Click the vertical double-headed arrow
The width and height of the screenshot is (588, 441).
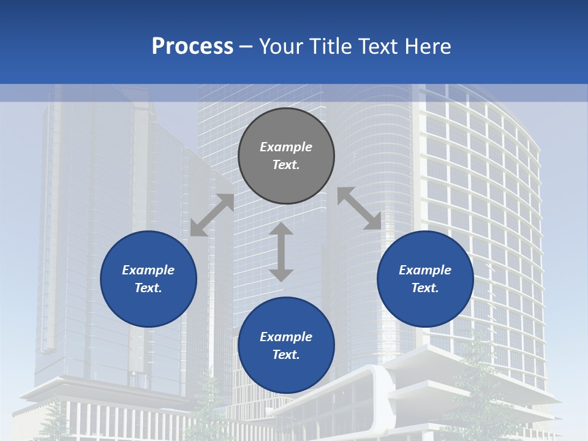click(x=281, y=252)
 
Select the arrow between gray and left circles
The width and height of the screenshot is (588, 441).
click(x=212, y=215)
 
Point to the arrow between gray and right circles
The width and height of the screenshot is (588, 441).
click(x=359, y=208)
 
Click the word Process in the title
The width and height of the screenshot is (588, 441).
click(x=192, y=46)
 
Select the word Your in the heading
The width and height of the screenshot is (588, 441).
click(x=281, y=46)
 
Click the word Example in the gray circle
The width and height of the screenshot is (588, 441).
click(x=286, y=147)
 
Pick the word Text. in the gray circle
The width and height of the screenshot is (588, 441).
click(x=286, y=165)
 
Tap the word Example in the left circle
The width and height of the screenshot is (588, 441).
click(x=148, y=270)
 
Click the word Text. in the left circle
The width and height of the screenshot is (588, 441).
click(x=148, y=288)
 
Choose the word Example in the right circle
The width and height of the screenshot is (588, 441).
click(x=425, y=270)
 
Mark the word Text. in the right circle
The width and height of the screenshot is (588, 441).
click(x=425, y=288)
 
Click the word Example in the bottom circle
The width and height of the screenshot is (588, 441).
click(x=286, y=337)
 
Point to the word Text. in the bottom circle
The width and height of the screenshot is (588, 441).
click(x=286, y=355)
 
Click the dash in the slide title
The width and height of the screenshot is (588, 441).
click(x=246, y=47)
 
